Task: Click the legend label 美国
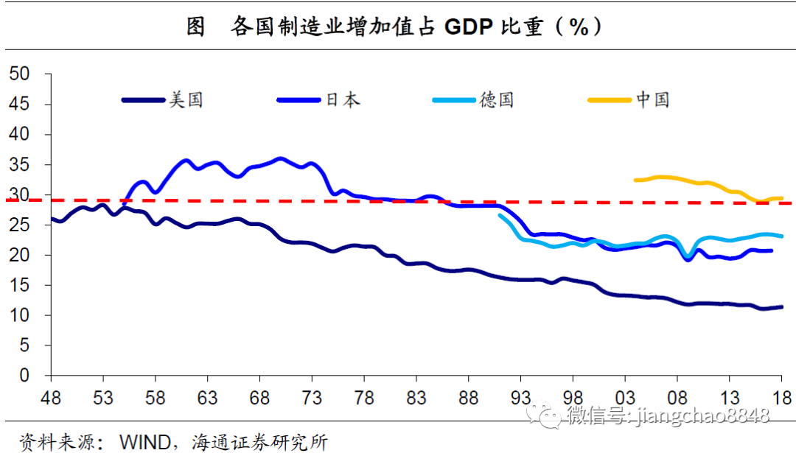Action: coord(186,99)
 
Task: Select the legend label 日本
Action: coord(342,99)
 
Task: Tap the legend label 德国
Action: coord(497,99)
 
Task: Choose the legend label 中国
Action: coord(653,99)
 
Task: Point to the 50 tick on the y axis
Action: coord(19,74)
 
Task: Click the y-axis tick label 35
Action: coord(19,165)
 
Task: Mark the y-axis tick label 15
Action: coord(19,285)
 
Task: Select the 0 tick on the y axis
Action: coord(24,376)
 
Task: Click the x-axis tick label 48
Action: coord(50,398)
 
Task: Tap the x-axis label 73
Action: coord(312,398)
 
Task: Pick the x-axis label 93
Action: coord(521,398)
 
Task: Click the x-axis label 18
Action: coord(782,398)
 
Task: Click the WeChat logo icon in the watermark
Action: coord(549,416)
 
